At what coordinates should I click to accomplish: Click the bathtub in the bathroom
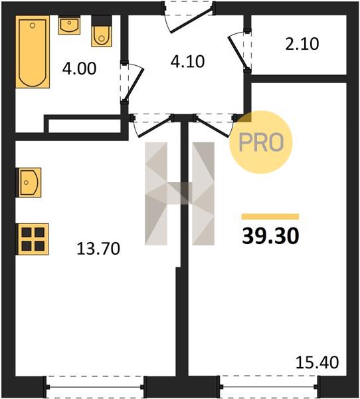[x=33, y=52]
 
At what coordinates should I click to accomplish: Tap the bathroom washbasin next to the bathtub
[x=69, y=25]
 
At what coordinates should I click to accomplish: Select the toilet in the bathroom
[x=102, y=31]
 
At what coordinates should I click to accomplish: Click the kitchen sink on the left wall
[x=29, y=182]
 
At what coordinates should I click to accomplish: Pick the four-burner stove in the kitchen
[x=33, y=239]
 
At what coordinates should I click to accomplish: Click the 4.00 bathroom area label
[x=79, y=68]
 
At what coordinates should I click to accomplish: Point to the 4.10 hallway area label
[x=187, y=62]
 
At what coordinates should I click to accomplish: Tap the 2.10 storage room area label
[x=302, y=44]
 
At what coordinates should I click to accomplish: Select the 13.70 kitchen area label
[x=98, y=249]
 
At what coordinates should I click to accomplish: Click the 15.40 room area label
[x=317, y=362]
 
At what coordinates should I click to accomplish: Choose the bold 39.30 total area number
[x=270, y=236]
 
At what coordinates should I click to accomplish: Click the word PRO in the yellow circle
[x=261, y=142]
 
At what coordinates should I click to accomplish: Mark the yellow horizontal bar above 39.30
[x=270, y=217]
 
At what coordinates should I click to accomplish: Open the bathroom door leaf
[x=134, y=84]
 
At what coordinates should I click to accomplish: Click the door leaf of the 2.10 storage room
[x=237, y=53]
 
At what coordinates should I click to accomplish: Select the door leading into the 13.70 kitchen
[x=154, y=127]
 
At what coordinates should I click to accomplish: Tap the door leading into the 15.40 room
[x=213, y=127]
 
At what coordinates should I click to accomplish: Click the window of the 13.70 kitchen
[x=94, y=387]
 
